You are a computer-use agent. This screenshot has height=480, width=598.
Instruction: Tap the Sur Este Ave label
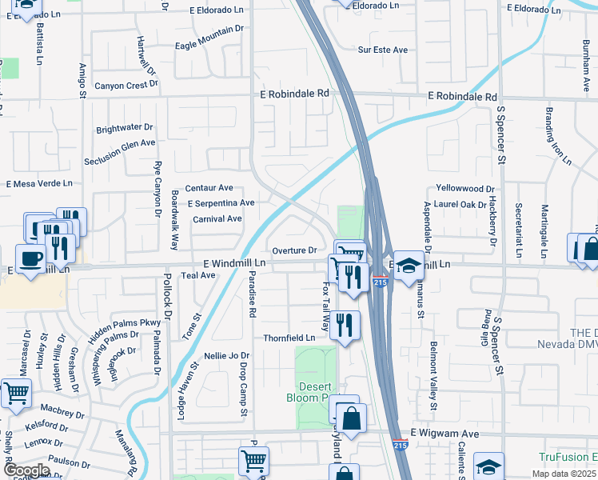383,50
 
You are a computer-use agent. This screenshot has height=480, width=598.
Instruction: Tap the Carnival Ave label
217,218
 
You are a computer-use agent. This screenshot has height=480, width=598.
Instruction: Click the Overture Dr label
296,250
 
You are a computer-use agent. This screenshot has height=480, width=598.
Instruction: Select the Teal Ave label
198,275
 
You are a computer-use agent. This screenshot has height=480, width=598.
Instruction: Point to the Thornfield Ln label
289,338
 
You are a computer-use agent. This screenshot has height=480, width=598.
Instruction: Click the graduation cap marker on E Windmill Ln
409,266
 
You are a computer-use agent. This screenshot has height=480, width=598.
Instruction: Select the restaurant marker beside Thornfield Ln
345,325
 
